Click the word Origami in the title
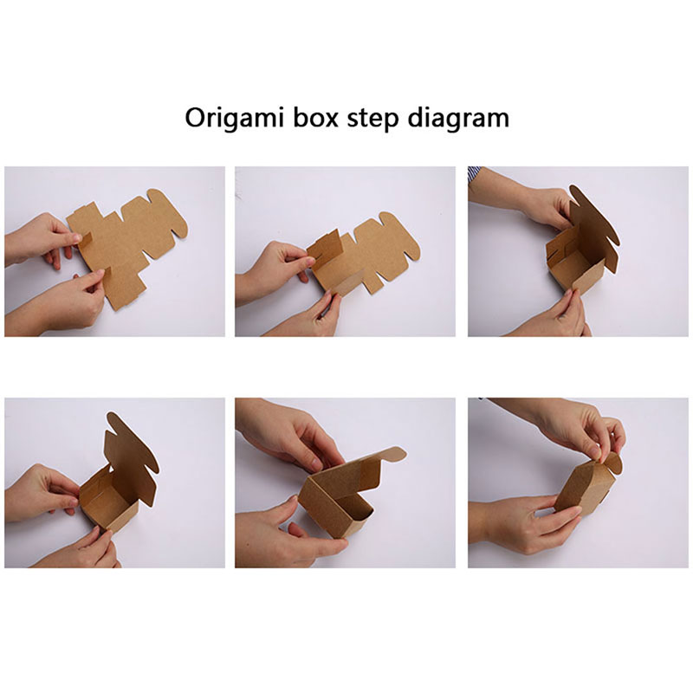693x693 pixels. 234,119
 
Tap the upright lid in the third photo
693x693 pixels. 593,221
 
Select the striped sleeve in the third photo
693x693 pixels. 474,172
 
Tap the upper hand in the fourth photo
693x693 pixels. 42,493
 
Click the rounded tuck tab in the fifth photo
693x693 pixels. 392,456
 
